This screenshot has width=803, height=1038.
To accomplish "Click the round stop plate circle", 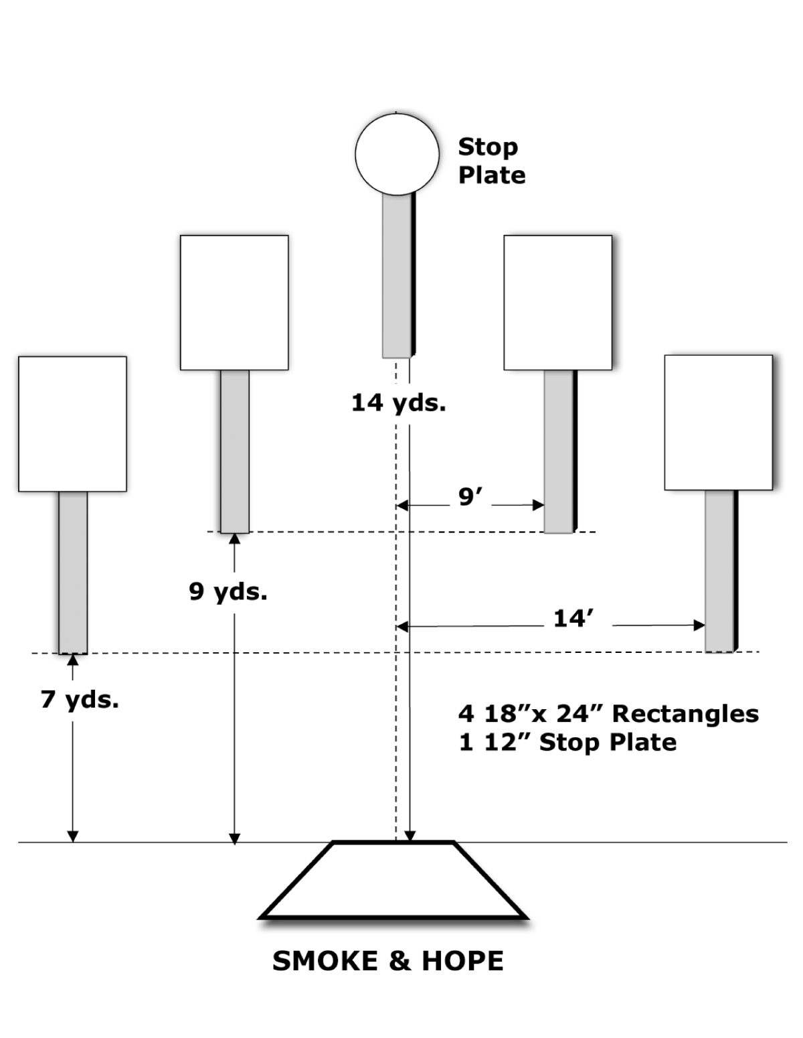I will (x=397, y=153).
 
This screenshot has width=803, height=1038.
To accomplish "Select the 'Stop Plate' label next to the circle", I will (x=490, y=161).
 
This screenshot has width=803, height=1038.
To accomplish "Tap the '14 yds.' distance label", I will (x=398, y=403).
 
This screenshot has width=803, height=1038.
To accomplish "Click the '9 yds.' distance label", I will (x=228, y=591).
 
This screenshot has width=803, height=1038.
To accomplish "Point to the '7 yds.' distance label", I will (x=80, y=699).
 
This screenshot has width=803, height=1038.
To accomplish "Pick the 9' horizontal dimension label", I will (x=470, y=497).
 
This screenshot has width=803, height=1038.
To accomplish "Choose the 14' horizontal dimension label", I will (x=574, y=618).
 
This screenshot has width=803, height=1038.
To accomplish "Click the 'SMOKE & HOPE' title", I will (x=387, y=961).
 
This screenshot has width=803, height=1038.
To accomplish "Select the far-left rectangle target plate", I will (x=72, y=424).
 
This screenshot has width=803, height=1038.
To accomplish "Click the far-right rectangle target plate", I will (x=718, y=423).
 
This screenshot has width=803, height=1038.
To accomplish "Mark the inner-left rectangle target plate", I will (x=234, y=302).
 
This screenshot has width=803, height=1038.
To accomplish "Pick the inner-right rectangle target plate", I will (x=557, y=302).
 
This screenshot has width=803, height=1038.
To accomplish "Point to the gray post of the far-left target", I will (x=73, y=573).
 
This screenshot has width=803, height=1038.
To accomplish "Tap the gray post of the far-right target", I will (x=719, y=571).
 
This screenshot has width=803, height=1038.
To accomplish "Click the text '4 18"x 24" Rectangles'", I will (x=608, y=714).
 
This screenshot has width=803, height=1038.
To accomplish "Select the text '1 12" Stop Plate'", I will (x=567, y=743).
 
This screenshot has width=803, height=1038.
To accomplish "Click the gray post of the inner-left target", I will (x=235, y=451).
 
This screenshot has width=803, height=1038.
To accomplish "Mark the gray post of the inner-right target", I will (x=558, y=451).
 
